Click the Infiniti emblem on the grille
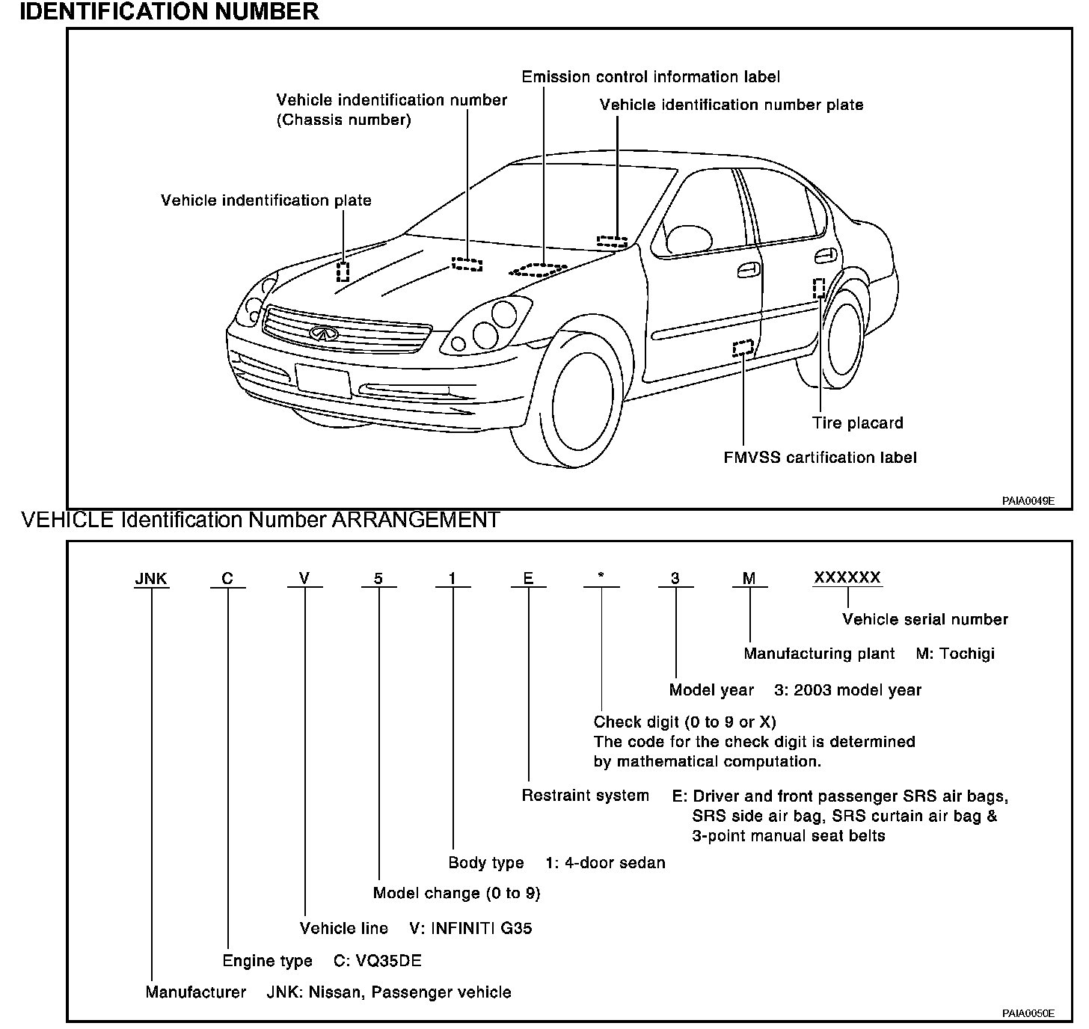[x=322, y=334]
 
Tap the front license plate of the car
[x=323, y=380]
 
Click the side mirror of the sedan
[x=688, y=239]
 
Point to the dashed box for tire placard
[x=819, y=288]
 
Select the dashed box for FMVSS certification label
[x=743, y=348]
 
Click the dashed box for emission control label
[x=539, y=269]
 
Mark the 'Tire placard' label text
[x=857, y=423]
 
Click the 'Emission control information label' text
[x=650, y=77]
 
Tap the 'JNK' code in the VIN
[x=151, y=579]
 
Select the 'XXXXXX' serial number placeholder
[x=847, y=577]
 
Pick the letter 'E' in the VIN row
[x=528, y=578]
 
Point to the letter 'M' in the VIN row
[x=749, y=578]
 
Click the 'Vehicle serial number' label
[x=924, y=619]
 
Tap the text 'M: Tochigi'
[x=955, y=654]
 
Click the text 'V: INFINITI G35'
[x=470, y=929]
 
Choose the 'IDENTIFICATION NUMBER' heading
[x=169, y=12]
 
